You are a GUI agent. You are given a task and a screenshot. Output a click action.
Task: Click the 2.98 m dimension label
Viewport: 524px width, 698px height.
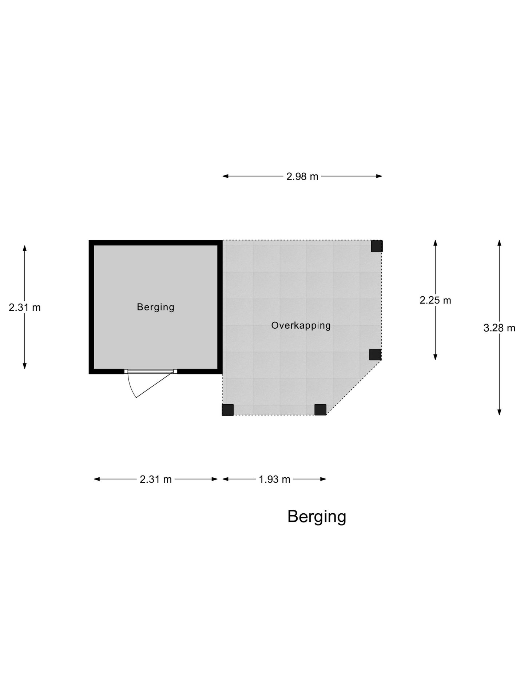tap(302, 177)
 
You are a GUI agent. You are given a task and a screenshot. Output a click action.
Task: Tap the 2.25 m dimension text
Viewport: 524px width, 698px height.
tap(435, 300)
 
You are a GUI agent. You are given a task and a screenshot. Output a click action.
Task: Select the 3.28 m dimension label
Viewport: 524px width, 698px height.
tap(499, 328)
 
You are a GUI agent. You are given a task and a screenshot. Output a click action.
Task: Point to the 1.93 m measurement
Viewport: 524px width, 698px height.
tap(274, 480)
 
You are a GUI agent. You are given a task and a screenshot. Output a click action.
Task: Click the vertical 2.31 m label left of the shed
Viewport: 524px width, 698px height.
tap(25, 308)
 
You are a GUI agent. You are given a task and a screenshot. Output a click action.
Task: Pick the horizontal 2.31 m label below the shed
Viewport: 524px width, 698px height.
tap(156, 480)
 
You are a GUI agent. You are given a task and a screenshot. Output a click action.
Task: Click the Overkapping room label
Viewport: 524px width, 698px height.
tap(301, 325)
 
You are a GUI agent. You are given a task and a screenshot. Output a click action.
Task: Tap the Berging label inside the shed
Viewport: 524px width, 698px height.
tap(156, 307)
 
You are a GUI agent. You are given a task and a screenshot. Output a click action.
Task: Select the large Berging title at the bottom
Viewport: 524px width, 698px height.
tap(317, 517)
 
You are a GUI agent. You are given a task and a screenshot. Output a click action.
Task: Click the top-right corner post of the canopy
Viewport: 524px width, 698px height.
tap(377, 246)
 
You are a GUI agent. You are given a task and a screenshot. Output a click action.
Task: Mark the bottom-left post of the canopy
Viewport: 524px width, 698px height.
tap(228, 410)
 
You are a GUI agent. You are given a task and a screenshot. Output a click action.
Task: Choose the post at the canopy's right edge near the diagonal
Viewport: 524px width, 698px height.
tap(375, 354)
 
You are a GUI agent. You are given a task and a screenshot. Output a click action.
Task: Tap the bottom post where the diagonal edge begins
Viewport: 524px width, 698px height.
tap(320, 410)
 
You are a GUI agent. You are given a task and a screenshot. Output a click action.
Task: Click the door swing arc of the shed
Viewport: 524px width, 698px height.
tap(130, 387)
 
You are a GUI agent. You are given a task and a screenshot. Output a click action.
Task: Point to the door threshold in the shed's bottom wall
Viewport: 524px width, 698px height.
tap(151, 372)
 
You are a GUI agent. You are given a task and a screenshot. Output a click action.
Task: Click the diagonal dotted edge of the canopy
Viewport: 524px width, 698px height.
tap(354, 388)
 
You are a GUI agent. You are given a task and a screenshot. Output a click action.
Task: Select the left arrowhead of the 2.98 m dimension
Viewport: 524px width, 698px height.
tap(225, 176)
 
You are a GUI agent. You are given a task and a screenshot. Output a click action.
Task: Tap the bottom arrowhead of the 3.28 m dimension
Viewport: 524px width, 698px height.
tap(499, 412)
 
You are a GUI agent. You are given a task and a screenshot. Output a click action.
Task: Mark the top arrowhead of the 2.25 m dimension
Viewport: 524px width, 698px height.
tap(435, 243)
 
